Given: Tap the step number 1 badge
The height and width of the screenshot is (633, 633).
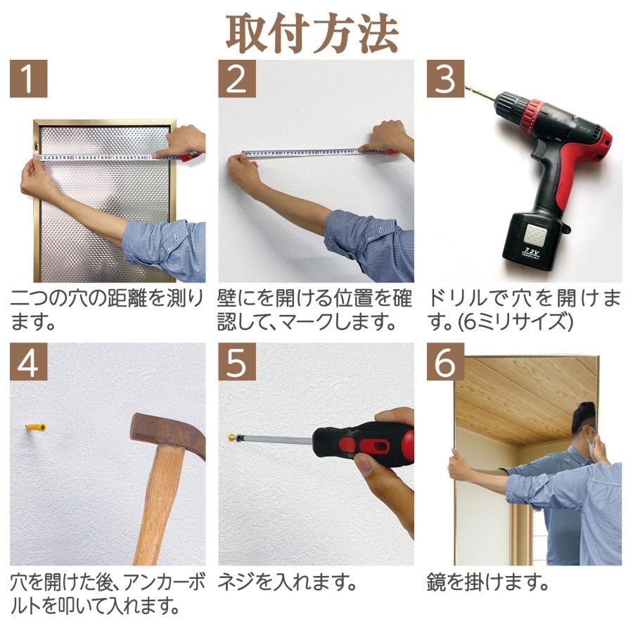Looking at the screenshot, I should [28, 79].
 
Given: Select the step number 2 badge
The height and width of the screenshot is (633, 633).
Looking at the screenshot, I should [236, 79].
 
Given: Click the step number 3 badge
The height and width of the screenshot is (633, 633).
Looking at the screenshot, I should [445, 79].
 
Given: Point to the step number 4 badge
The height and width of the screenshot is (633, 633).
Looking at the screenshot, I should [28, 362].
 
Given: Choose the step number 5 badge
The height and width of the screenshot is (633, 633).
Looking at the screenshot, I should [236, 362].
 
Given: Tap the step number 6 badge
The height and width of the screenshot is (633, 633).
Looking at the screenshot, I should [445, 362].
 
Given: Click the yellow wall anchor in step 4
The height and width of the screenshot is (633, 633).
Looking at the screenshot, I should [36, 427].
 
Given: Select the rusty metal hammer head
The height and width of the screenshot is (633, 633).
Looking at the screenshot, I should [166, 432].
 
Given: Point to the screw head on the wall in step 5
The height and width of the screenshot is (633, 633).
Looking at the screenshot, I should [231, 437].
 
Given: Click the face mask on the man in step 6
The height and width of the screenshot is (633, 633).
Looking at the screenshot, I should [592, 447].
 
